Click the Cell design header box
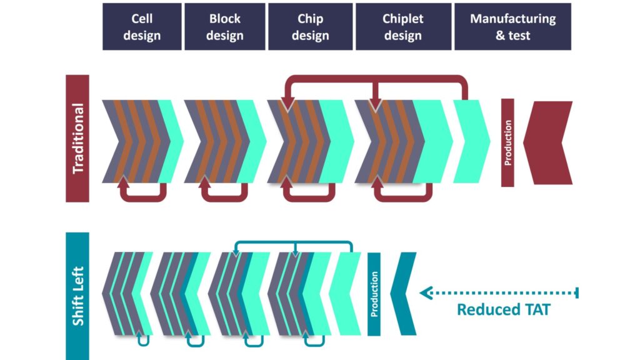pyautogui.click(x=142, y=27)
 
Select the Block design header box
pyautogui.click(x=224, y=27)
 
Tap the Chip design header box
pyautogui.click(x=310, y=27)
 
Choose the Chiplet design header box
pyautogui.click(x=402, y=27)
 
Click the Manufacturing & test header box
pyautogui.click(x=512, y=27)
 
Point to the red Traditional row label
pyautogui.click(x=77, y=138)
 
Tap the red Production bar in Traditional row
pyautogui.click(x=507, y=142)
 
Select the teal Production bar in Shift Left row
pyautogui.click(x=374, y=294)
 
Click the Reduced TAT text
pyautogui.click(x=503, y=309)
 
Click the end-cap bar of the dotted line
pyautogui.click(x=577, y=292)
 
